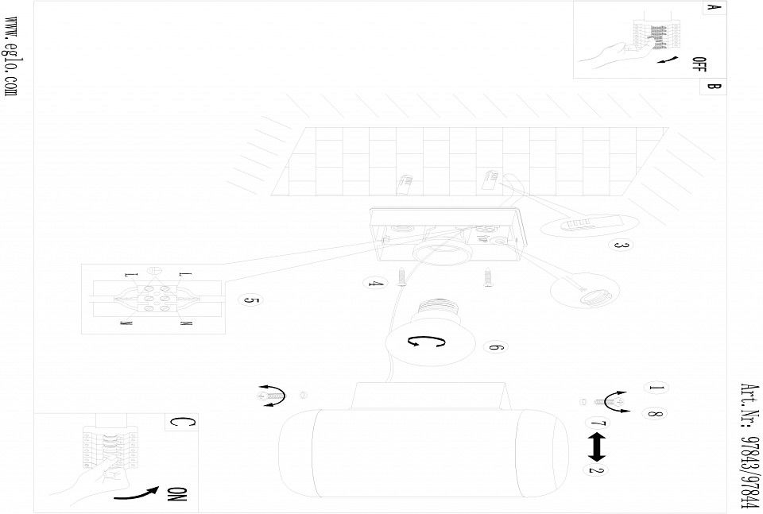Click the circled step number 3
click(621, 245)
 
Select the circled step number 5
click(250, 300)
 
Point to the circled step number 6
click(495, 347)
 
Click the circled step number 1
click(656, 388)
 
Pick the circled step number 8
click(655, 414)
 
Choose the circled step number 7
click(598, 423)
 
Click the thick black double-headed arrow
click(597, 447)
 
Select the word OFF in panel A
click(699, 64)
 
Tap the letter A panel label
click(712, 7)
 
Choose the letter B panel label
click(713, 87)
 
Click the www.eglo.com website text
click(11, 56)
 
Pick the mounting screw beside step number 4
click(402, 277)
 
